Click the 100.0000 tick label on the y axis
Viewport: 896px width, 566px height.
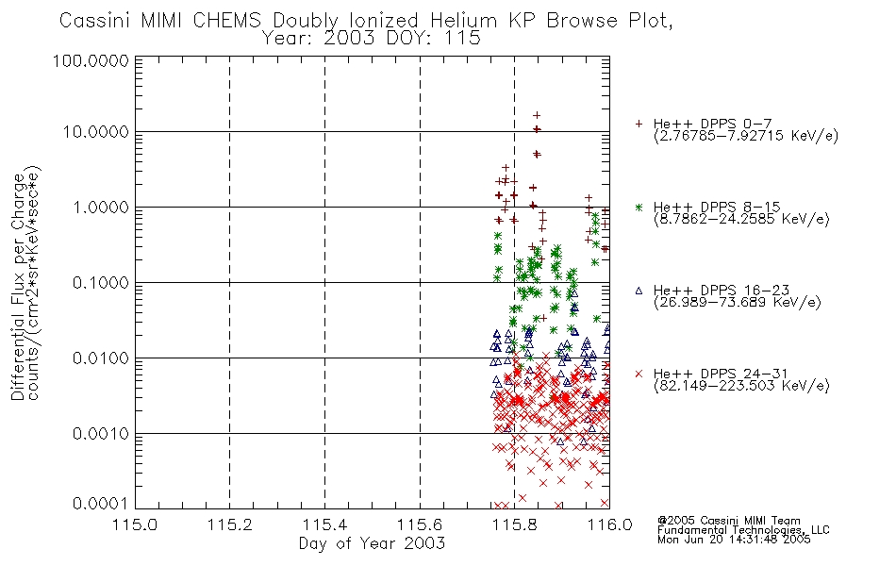click(x=91, y=60)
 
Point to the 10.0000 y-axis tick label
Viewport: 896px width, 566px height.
click(x=95, y=132)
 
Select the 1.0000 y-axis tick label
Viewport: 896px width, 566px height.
click(x=101, y=207)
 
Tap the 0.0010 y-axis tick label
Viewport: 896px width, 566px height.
click(x=101, y=434)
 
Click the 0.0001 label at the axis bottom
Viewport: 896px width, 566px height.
click(x=101, y=504)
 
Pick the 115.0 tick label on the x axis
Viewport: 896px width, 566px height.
click(x=135, y=524)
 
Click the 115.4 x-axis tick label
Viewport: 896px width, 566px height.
click(x=324, y=524)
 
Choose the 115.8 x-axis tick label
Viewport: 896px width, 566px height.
click(x=514, y=524)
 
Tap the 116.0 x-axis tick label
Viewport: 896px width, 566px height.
click(x=609, y=524)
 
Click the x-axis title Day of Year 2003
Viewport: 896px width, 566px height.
click(x=372, y=543)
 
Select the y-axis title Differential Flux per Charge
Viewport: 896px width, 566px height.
click(x=18, y=287)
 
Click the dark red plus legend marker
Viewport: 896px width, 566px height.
click(x=639, y=124)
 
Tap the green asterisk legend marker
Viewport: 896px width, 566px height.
click(x=639, y=207)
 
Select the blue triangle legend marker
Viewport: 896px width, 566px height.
click(x=639, y=291)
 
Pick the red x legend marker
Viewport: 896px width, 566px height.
click(x=639, y=374)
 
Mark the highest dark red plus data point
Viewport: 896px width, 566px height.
click(x=537, y=115)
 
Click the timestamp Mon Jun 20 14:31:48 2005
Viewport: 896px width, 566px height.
click(x=734, y=540)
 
